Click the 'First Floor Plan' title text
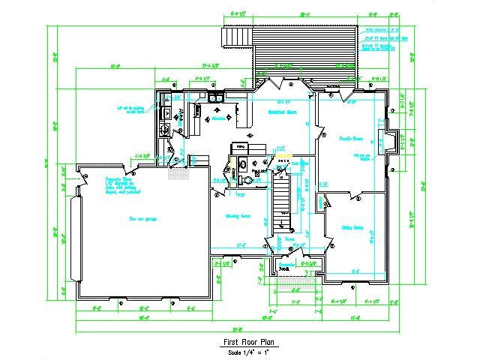[x=240, y=342]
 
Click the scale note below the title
[x=240, y=351]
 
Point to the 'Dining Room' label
[x=352, y=226]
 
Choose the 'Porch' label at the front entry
[x=284, y=267]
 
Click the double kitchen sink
[x=214, y=98]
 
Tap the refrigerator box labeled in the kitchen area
[x=241, y=147]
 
